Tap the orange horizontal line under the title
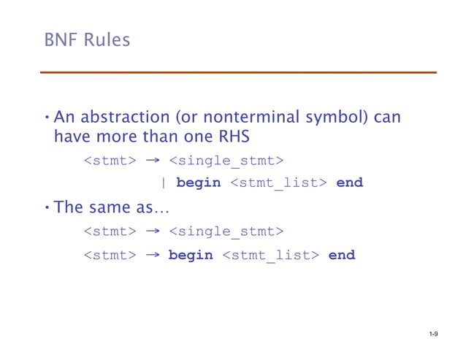tap(237, 72)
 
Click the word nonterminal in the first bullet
tap(245, 118)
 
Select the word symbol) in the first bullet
tap(335, 118)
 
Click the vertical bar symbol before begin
tap(162, 183)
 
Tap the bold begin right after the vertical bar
tap(198, 183)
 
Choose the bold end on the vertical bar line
tap(349, 183)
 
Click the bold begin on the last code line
tap(191, 256)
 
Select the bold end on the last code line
tap(342, 256)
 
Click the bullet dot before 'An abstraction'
tap(46, 118)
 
